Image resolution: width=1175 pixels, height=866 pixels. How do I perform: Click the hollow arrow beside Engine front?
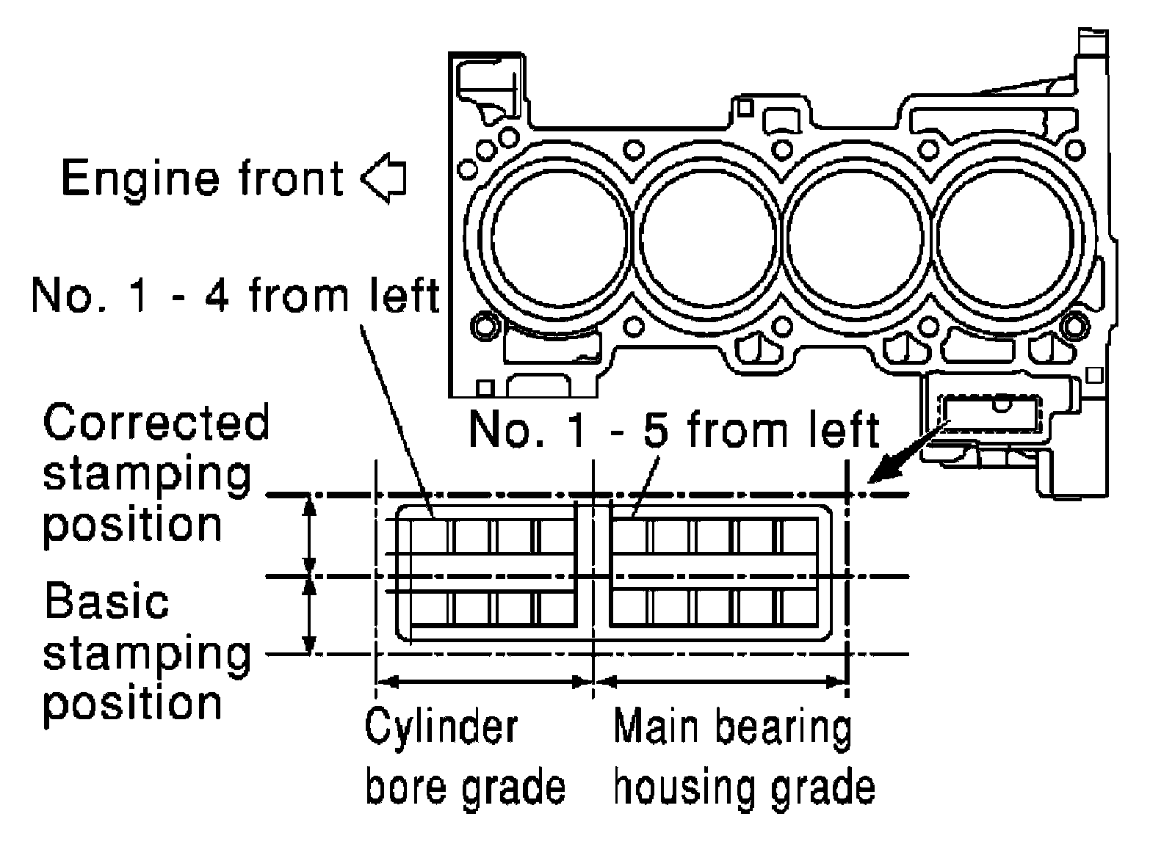tap(383, 178)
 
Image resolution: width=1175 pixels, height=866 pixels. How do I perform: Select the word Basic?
tap(106, 601)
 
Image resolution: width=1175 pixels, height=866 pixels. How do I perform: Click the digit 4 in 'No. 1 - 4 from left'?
tap(216, 296)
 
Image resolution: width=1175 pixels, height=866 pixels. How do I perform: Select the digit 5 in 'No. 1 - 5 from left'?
tap(656, 430)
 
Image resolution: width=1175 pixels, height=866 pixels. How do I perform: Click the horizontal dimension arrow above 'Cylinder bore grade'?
tap(485, 682)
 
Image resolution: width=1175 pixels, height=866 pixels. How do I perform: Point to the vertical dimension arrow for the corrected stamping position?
tap(310, 535)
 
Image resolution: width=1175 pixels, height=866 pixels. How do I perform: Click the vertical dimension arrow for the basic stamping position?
tap(310, 616)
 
